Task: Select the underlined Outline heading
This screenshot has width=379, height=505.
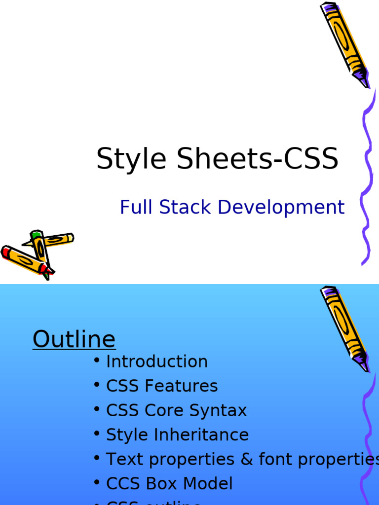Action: pos(74,340)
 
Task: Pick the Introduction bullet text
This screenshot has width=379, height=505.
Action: pos(157,361)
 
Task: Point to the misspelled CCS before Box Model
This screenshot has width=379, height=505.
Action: pos(123,484)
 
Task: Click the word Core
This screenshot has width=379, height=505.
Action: pos(165,411)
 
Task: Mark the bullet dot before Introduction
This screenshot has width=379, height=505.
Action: pos(97,361)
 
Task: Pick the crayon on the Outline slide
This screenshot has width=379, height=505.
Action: pos(344,328)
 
